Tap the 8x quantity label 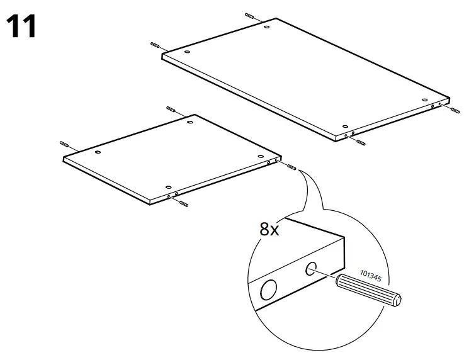click(269, 229)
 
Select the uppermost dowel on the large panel click(249, 16)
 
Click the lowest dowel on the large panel click(360, 142)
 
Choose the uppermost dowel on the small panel click(171, 110)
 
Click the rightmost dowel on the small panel click(291, 167)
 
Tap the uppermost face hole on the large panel click(267, 27)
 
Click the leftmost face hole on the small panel click(98, 152)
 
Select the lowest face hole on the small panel click(167, 187)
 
